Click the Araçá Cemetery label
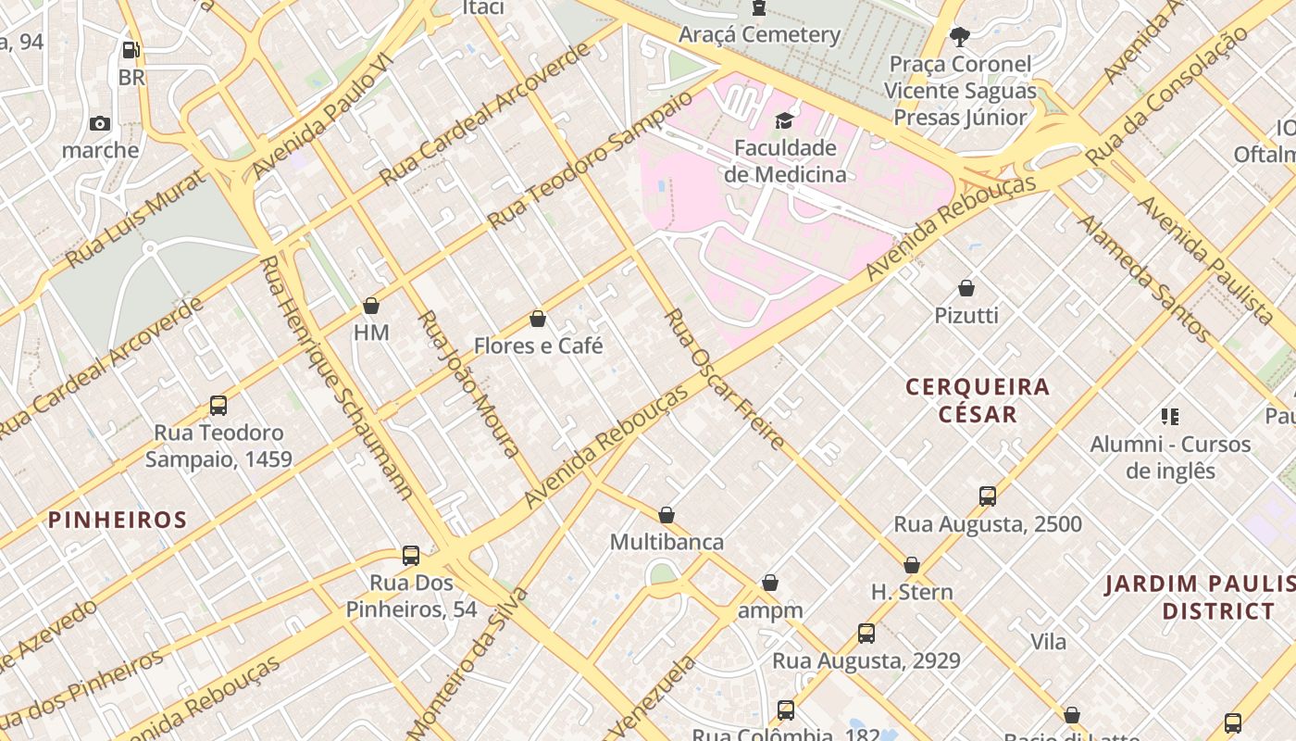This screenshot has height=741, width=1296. point(759,35)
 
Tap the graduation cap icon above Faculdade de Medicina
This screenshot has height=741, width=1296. point(784,120)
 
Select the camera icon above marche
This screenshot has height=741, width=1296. point(100,123)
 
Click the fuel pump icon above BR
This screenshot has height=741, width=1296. point(131,50)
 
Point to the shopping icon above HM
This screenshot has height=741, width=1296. point(371,306)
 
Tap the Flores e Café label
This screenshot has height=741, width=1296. point(538,345)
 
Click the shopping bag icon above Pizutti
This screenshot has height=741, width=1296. point(966,288)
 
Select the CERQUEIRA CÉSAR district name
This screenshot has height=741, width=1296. point(978,400)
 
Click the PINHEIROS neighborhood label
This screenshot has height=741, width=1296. point(118,520)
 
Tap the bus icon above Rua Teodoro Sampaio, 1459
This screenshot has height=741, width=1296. point(218,406)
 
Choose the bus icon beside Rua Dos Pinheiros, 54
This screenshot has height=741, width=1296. point(411,556)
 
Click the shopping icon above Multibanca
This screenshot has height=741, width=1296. point(667,515)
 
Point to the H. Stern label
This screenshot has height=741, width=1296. point(912,592)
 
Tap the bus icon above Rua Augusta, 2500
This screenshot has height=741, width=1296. point(988,496)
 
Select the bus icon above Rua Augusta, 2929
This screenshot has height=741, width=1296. point(866,634)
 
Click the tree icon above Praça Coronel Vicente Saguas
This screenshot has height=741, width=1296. point(960,37)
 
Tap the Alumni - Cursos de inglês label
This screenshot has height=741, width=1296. point(1170,457)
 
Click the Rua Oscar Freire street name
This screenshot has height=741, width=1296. point(725,380)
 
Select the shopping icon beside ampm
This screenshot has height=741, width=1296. point(769,583)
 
